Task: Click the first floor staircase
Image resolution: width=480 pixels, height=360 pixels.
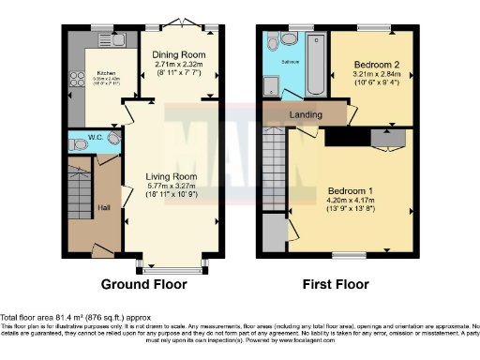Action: point(273,159)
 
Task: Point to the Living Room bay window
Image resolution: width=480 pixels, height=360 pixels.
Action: point(173,268)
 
